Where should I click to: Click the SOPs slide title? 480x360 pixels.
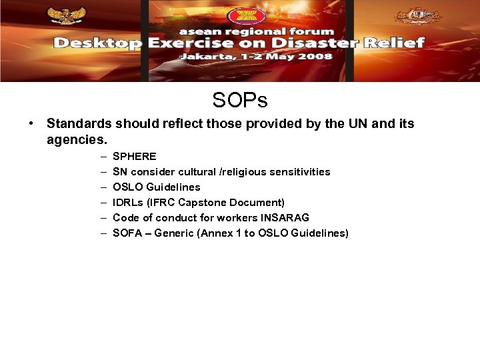pos(240,100)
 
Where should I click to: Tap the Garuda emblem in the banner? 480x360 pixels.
pos(65,16)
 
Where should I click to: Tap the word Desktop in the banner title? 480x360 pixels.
pos(97,43)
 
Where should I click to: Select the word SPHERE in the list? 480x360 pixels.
pos(135,156)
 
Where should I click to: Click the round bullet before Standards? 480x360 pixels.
pos(31,124)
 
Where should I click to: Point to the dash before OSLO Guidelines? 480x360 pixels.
pos(105,187)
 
